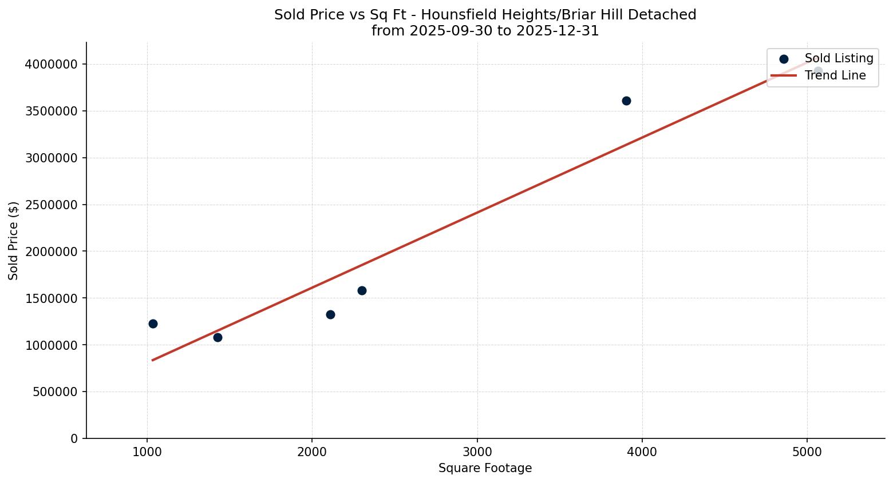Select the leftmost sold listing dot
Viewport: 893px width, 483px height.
(153, 324)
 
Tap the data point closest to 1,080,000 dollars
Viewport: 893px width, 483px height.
(218, 337)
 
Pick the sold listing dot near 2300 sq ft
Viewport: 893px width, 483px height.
(362, 290)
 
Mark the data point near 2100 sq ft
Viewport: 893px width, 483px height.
(330, 314)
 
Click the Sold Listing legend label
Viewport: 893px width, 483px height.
(839, 58)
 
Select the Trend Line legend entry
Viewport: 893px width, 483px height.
(835, 75)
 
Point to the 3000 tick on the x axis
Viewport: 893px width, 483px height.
(477, 452)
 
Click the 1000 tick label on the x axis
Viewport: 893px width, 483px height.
(147, 452)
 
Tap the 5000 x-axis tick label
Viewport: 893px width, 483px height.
(807, 452)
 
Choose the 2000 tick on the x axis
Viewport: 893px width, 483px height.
(312, 452)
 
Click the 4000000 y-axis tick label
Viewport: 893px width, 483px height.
(51, 64)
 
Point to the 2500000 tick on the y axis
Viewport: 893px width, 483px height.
(51, 205)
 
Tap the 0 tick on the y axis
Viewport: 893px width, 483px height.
(74, 438)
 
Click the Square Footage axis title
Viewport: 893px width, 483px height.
(485, 468)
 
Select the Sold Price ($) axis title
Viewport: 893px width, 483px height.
(14, 241)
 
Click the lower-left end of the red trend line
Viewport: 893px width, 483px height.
(153, 360)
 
